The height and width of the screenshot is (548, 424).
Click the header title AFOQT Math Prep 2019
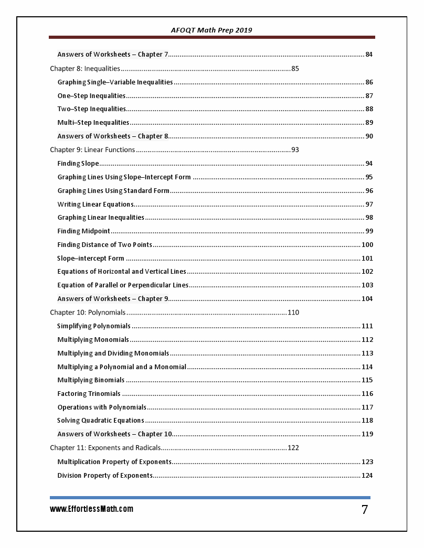211,30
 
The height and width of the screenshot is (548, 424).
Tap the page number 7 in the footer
365,510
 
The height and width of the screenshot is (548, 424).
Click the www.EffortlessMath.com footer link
92,509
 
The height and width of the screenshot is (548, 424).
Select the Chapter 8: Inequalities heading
85,69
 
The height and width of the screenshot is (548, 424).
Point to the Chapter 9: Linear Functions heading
92,150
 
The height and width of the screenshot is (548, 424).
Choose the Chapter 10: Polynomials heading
88,313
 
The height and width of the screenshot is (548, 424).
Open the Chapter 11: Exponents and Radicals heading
105,448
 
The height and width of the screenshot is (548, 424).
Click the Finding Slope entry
78,164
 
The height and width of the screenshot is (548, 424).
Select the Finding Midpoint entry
84,231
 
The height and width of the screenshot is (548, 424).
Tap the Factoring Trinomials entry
89,394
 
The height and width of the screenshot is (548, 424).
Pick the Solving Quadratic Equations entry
101,421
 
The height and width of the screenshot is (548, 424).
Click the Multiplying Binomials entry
91,380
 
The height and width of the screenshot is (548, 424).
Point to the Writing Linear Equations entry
96,205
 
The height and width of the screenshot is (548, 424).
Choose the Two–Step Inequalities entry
92,109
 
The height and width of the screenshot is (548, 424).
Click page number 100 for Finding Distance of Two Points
367,245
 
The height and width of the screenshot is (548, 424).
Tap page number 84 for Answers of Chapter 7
369,55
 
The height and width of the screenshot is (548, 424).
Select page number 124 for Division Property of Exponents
367,476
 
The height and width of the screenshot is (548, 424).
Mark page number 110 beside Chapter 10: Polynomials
293,313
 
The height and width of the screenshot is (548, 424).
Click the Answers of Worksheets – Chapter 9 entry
113,299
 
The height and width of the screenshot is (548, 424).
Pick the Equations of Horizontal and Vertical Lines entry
122,272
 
